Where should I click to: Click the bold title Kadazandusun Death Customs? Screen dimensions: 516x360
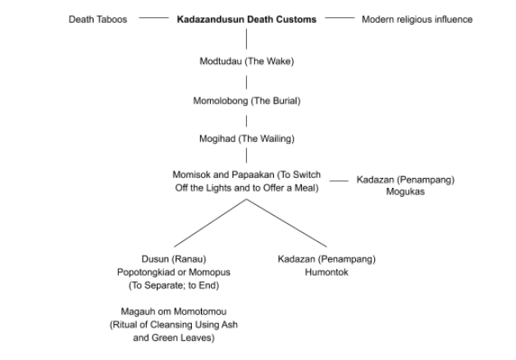(x=246, y=20)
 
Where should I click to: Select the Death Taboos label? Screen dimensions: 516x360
(x=98, y=20)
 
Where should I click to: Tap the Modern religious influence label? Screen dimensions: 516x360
(x=417, y=20)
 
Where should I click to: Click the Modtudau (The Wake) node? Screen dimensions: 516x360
(x=246, y=62)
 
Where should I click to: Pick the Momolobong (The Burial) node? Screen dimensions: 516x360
(x=246, y=101)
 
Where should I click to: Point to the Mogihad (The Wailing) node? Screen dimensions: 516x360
(x=246, y=139)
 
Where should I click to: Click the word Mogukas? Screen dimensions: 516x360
(x=405, y=192)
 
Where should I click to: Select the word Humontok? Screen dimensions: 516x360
(x=326, y=272)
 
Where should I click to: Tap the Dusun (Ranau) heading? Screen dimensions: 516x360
(x=174, y=259)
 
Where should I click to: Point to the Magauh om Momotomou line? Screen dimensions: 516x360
(x=174, y=312)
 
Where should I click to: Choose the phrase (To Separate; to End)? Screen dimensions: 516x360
(x=174, y=285)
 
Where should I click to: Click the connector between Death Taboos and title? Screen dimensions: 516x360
(x=153, y=18)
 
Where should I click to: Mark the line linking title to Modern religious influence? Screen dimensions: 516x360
(x=340, y=18)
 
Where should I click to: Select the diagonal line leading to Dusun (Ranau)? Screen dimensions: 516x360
(x=210, y=223)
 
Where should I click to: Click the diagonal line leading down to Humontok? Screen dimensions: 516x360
(x=286, y=223)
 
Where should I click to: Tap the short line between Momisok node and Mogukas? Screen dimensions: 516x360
(x=339, y=180)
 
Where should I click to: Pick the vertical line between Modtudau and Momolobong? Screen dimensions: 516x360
(x=246, y=82)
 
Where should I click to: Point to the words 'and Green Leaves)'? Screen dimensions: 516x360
(x=174, y=338)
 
